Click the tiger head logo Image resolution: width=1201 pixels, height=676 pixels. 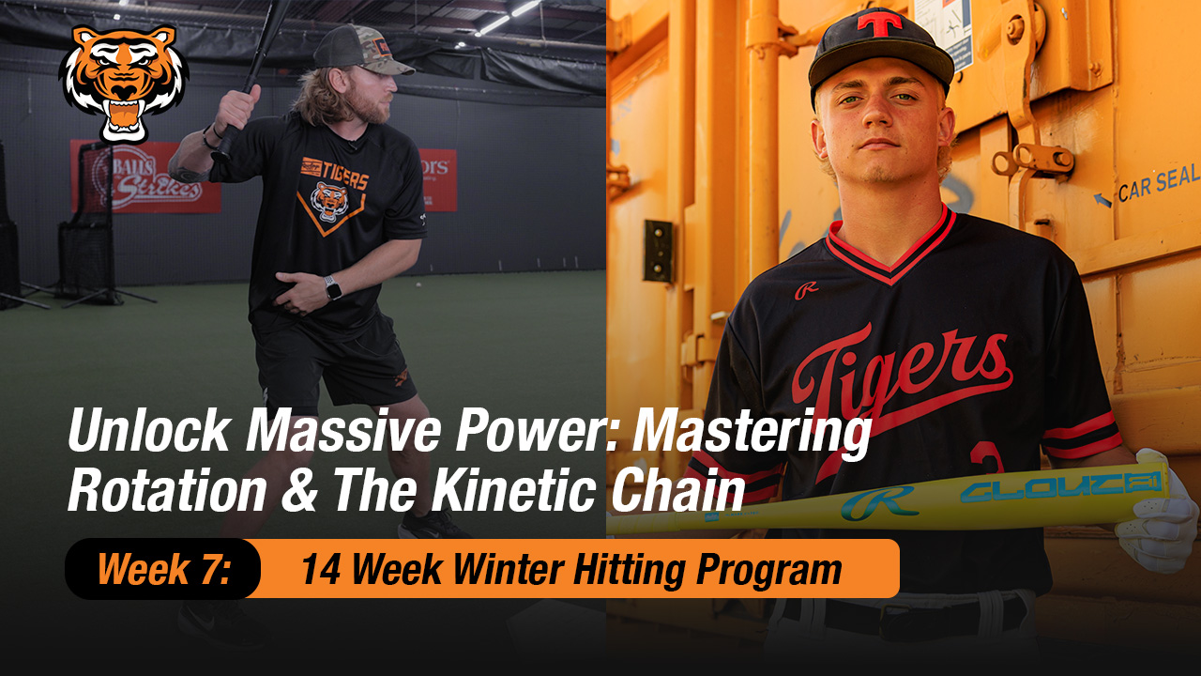pyautogui.click(x=124, y=83)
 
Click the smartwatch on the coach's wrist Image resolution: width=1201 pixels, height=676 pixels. pyautogui.click(x=332, y=287)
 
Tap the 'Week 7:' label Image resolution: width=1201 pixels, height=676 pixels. pyautogui.click(x=163, y=569)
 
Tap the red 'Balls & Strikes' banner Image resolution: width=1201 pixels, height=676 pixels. pyautogui.click(x=145, y=177)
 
